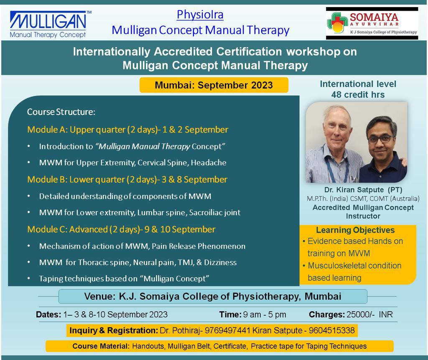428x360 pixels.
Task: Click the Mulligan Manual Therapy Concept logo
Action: (51, 24)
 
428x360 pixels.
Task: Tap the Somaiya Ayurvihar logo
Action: (372, 23)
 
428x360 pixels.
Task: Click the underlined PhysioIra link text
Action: (200, 15)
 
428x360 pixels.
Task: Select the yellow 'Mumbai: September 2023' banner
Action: (214, 85)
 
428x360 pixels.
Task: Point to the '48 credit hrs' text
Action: (358, 94)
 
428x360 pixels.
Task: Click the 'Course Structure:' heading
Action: (61, 112)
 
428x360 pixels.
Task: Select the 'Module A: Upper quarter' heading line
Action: (128, 130)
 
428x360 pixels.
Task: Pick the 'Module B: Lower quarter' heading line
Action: (127, 179)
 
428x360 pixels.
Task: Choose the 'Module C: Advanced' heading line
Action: (121, 229)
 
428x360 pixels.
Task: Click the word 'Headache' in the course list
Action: (209, 163)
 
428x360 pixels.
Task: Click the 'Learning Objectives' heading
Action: (355, 230)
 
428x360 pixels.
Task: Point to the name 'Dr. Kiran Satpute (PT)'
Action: (363, 189)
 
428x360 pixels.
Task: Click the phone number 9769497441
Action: (227, 330)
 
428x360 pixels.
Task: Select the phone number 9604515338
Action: (331, 330)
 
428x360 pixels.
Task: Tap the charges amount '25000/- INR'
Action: (369, 314)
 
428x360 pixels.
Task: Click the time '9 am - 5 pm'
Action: (265, 314)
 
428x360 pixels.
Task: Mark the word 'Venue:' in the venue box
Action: (100, 296)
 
